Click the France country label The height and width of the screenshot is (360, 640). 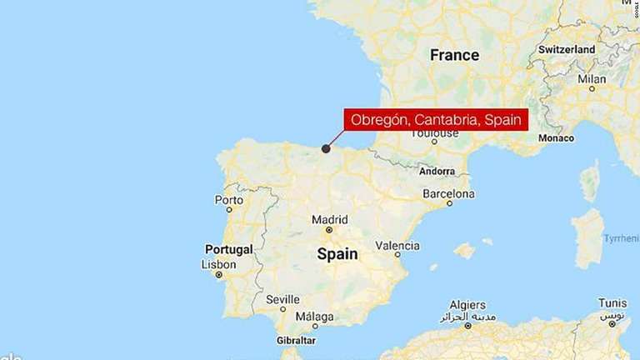click(454, 55)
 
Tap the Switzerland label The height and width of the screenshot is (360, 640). click(567, 50)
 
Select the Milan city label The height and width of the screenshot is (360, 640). click(592, 79)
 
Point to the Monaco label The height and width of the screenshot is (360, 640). click(556, 137)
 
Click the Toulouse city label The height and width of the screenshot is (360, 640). click(434, 133)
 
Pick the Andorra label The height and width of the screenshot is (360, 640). click(437, 171)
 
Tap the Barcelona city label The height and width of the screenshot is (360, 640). click(448, 193)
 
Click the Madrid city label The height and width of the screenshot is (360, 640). click(329, 220)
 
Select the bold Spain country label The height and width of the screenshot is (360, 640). click(337, 254)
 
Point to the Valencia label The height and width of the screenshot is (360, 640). click(397, 245)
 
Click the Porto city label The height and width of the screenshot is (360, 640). click(229, 200)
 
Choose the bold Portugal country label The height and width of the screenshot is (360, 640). click(228, 249)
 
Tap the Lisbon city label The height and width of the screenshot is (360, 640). click(219, 264)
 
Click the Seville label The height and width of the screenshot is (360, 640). click(282, 299)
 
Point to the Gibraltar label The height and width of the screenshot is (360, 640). click(296, 341)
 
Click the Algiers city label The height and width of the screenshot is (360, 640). click(467, 305)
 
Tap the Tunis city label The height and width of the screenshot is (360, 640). click(612, 303)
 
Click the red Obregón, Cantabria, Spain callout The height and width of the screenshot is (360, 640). click(436, 120)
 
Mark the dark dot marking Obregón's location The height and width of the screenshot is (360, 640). click(326, 148)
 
